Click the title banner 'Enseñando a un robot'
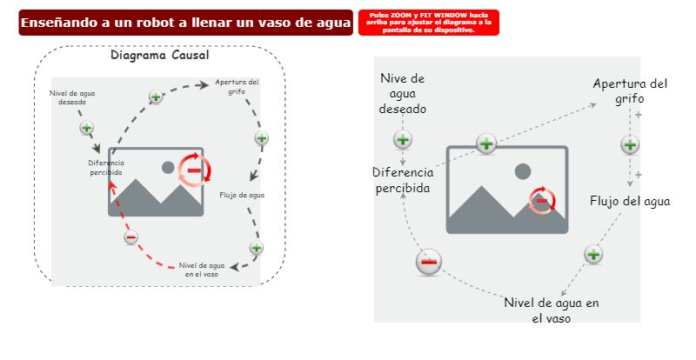[x=185, y=23]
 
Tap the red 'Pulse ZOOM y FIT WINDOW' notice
[x=429, y=23]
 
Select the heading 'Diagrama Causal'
[x=159, y=56]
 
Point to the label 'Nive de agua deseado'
[x=403, y=94]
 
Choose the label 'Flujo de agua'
[x=242, y=195]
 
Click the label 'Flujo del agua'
[x=630, y=201]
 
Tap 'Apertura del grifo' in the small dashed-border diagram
[x=237, y=87]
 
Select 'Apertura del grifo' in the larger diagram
[x=630, y=90]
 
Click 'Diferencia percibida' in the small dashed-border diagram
[x=106, y=167]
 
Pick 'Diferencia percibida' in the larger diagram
[x=404, y=179]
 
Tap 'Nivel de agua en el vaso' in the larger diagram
[x=552, y=310]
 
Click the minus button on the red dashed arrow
[x=130, y=237]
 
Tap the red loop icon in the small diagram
[x=194, y=169]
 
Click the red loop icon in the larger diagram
[x=541, y=200]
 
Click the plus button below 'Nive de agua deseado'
[x=403, y=139]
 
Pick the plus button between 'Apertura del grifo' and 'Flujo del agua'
[x=631, y=145]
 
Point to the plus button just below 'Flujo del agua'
[x=592, y=254]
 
